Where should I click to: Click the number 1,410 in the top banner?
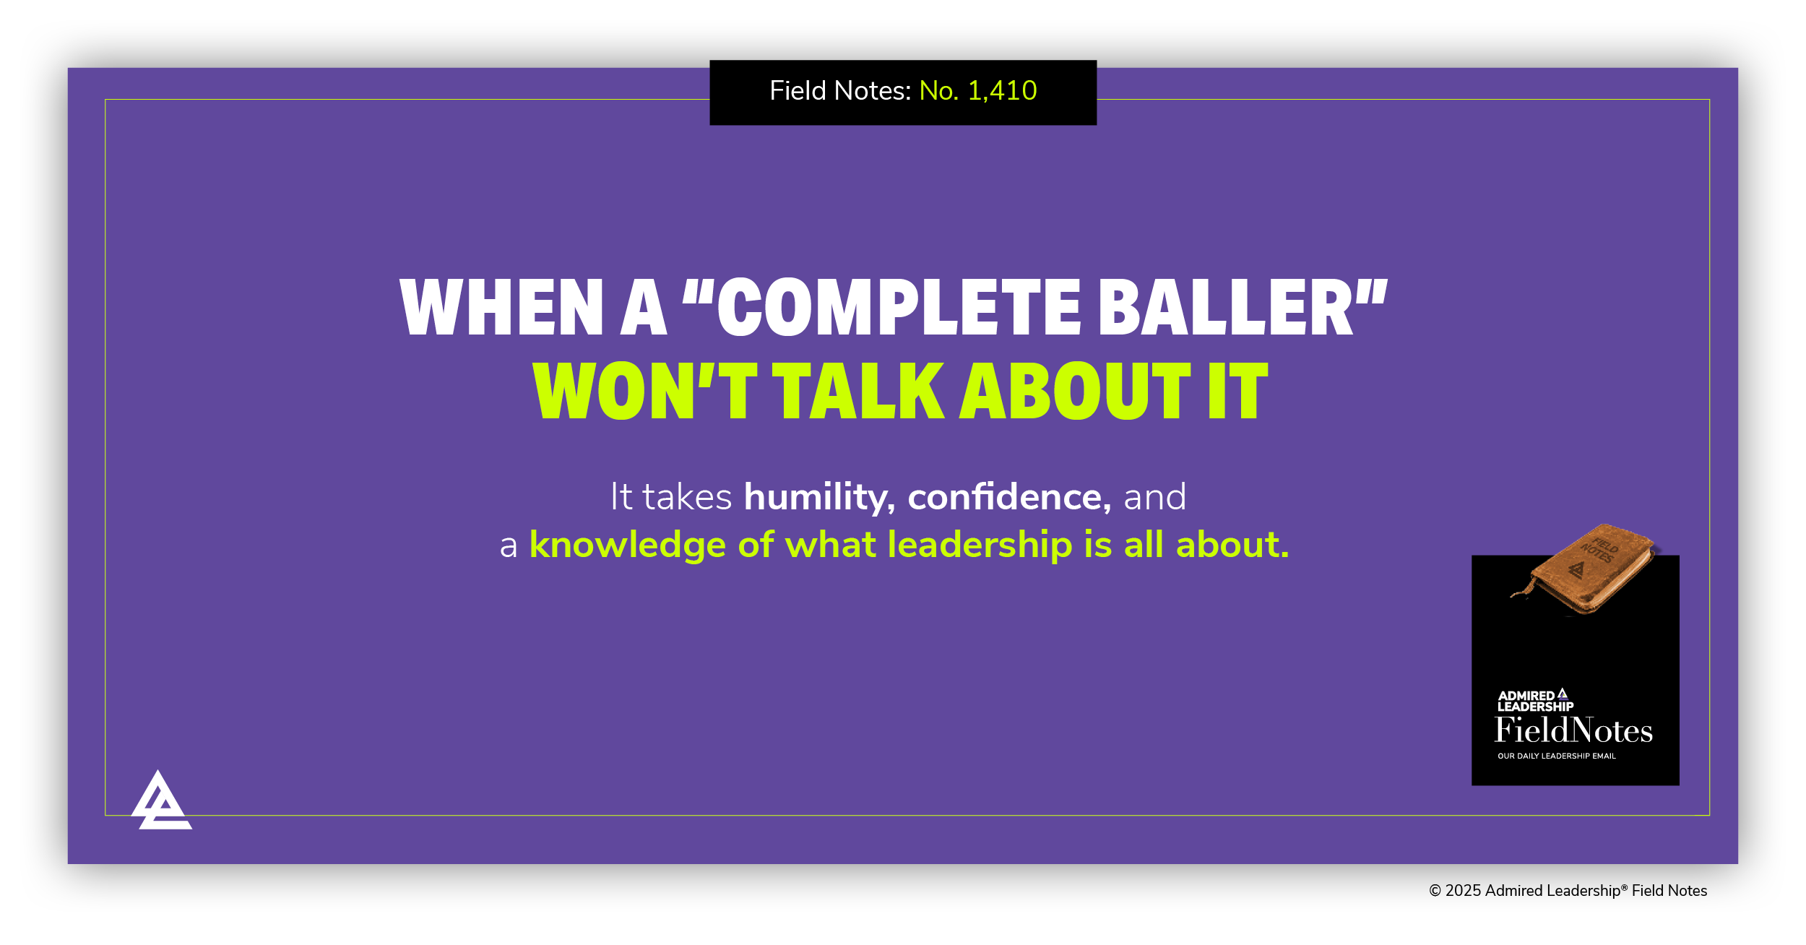pyautogui.click(x=1002, y=91)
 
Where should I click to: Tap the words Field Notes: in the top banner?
pyautogui.click(x=840, y=91)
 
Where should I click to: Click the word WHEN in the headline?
pyautogui.click(x=501, y=308)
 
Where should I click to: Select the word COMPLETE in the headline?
pyautogui.click(x=899, y=308)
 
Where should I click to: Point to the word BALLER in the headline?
pyautogui.click(x=1225, y=308)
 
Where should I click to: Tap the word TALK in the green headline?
pyautogui.click(x=858, y=392)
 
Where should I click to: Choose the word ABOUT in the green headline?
pyautogui.click(x=1074, y=392)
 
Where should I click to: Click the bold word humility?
pyautogui.click(x=819, y=497)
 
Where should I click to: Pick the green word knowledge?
pyautogui.click(x=627, y=545)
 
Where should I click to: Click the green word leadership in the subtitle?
pyautogui.click(x=980, y=545)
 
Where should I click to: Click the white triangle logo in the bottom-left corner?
pyautogui.click(x=161, y=802)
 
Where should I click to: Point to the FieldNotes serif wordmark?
pyautogui.click(x=1573, y=730)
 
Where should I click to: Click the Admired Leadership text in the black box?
pyautogui.click(x=1535, y=702)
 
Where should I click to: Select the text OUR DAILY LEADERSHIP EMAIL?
pyautogui.click(x=1556, y=756)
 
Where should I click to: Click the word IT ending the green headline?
pyautogui.click(x=1238, y=392)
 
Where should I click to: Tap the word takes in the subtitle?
pyautogui.click(x=687, y=497)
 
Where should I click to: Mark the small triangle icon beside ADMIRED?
pyautogui.click(x=1563, y=694)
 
